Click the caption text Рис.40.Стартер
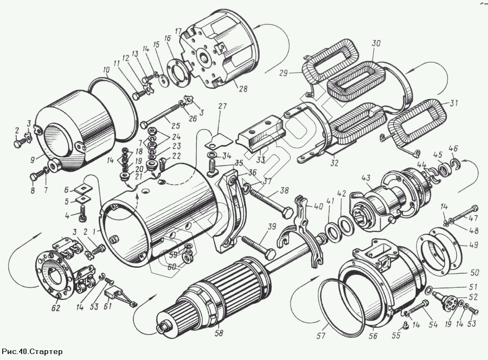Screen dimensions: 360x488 (33, 352)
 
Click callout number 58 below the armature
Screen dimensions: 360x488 (219, 333)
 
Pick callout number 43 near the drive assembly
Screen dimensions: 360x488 (366, 177)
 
